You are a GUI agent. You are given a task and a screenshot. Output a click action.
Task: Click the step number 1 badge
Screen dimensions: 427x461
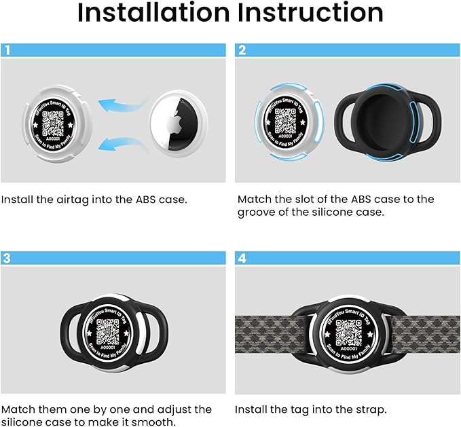[x=6, y=50]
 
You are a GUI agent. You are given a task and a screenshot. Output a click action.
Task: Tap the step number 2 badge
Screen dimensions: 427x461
[x=241, y=50]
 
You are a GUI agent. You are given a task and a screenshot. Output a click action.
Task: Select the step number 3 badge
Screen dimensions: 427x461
[x=6, y=259]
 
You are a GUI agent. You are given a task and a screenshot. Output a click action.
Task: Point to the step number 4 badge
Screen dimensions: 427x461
[x=241, y=259]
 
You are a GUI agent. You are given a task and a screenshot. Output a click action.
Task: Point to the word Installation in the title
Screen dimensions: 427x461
[x=155, y=14]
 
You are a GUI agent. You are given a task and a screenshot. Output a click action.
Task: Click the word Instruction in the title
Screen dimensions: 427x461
[x=318, y=14]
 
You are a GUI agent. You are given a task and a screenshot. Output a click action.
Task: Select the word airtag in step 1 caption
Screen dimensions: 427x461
[x=64, y=200]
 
